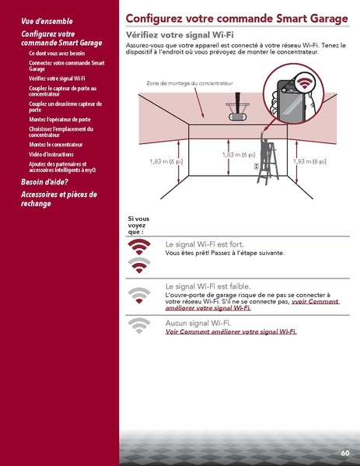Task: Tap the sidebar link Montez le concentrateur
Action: pos(55,145)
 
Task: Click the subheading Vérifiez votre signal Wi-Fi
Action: pos(180,37)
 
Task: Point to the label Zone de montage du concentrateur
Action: pos(189,82)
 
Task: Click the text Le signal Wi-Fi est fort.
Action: pos(204,244)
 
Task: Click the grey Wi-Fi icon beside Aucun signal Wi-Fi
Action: pos(139,326)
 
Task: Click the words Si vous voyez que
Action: pos(138,225)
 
